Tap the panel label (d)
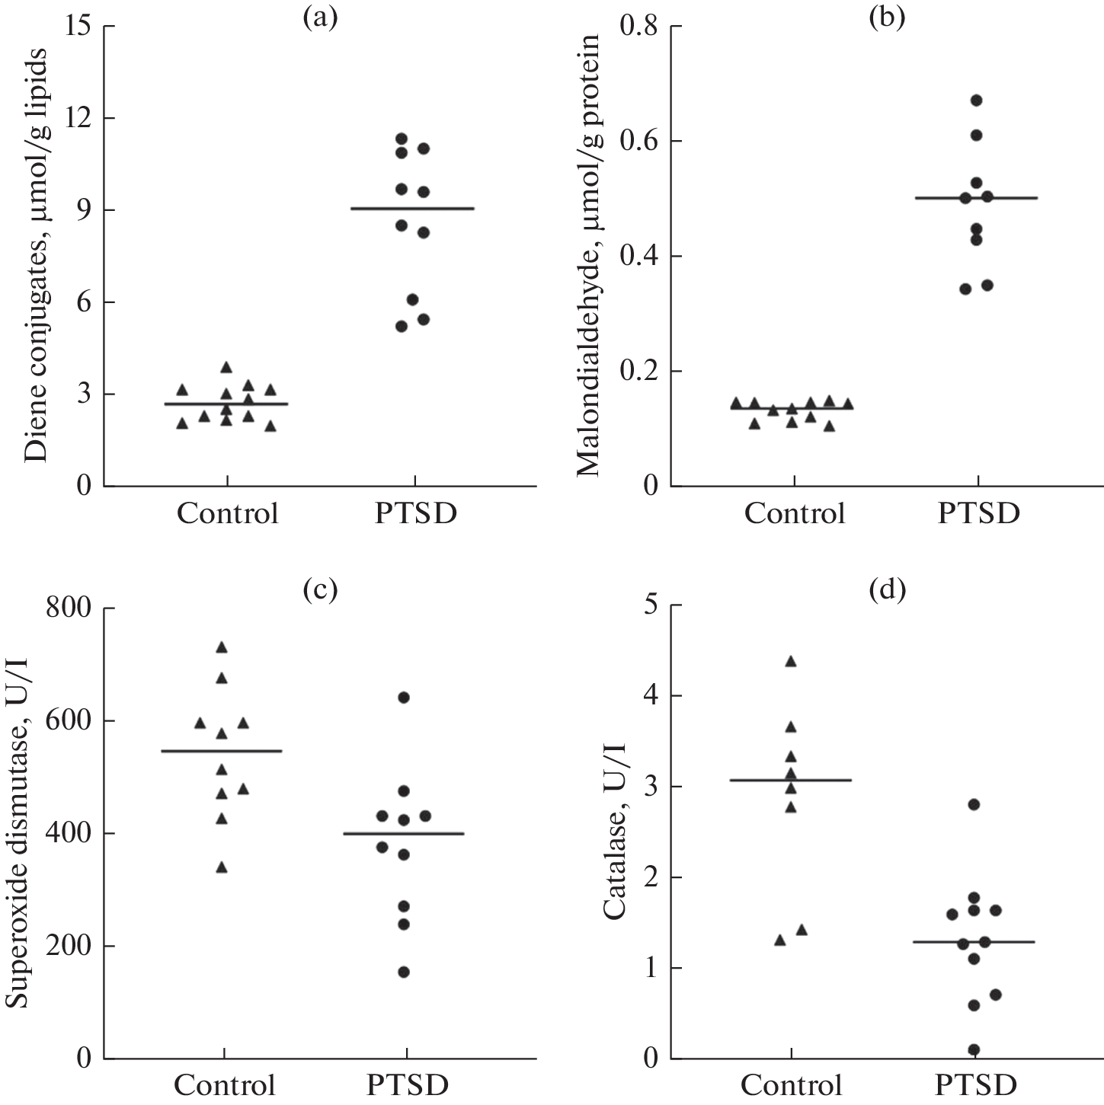tap(887, 589)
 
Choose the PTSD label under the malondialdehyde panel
tap(978, 513)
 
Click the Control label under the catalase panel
tap(792, 1084)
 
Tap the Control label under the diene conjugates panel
tap(227, 513)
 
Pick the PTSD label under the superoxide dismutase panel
tap(407, 1084)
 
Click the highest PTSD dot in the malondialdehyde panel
tap(976, 100)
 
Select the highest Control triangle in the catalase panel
tap(791, 661)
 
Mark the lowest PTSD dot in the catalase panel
tap(974, 1049)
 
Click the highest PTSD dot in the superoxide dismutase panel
tap(404, 698)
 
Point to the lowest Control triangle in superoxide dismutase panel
tap(222, 867)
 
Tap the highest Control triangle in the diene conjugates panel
tap(226, 367)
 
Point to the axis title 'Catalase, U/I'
tap(614, 833)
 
